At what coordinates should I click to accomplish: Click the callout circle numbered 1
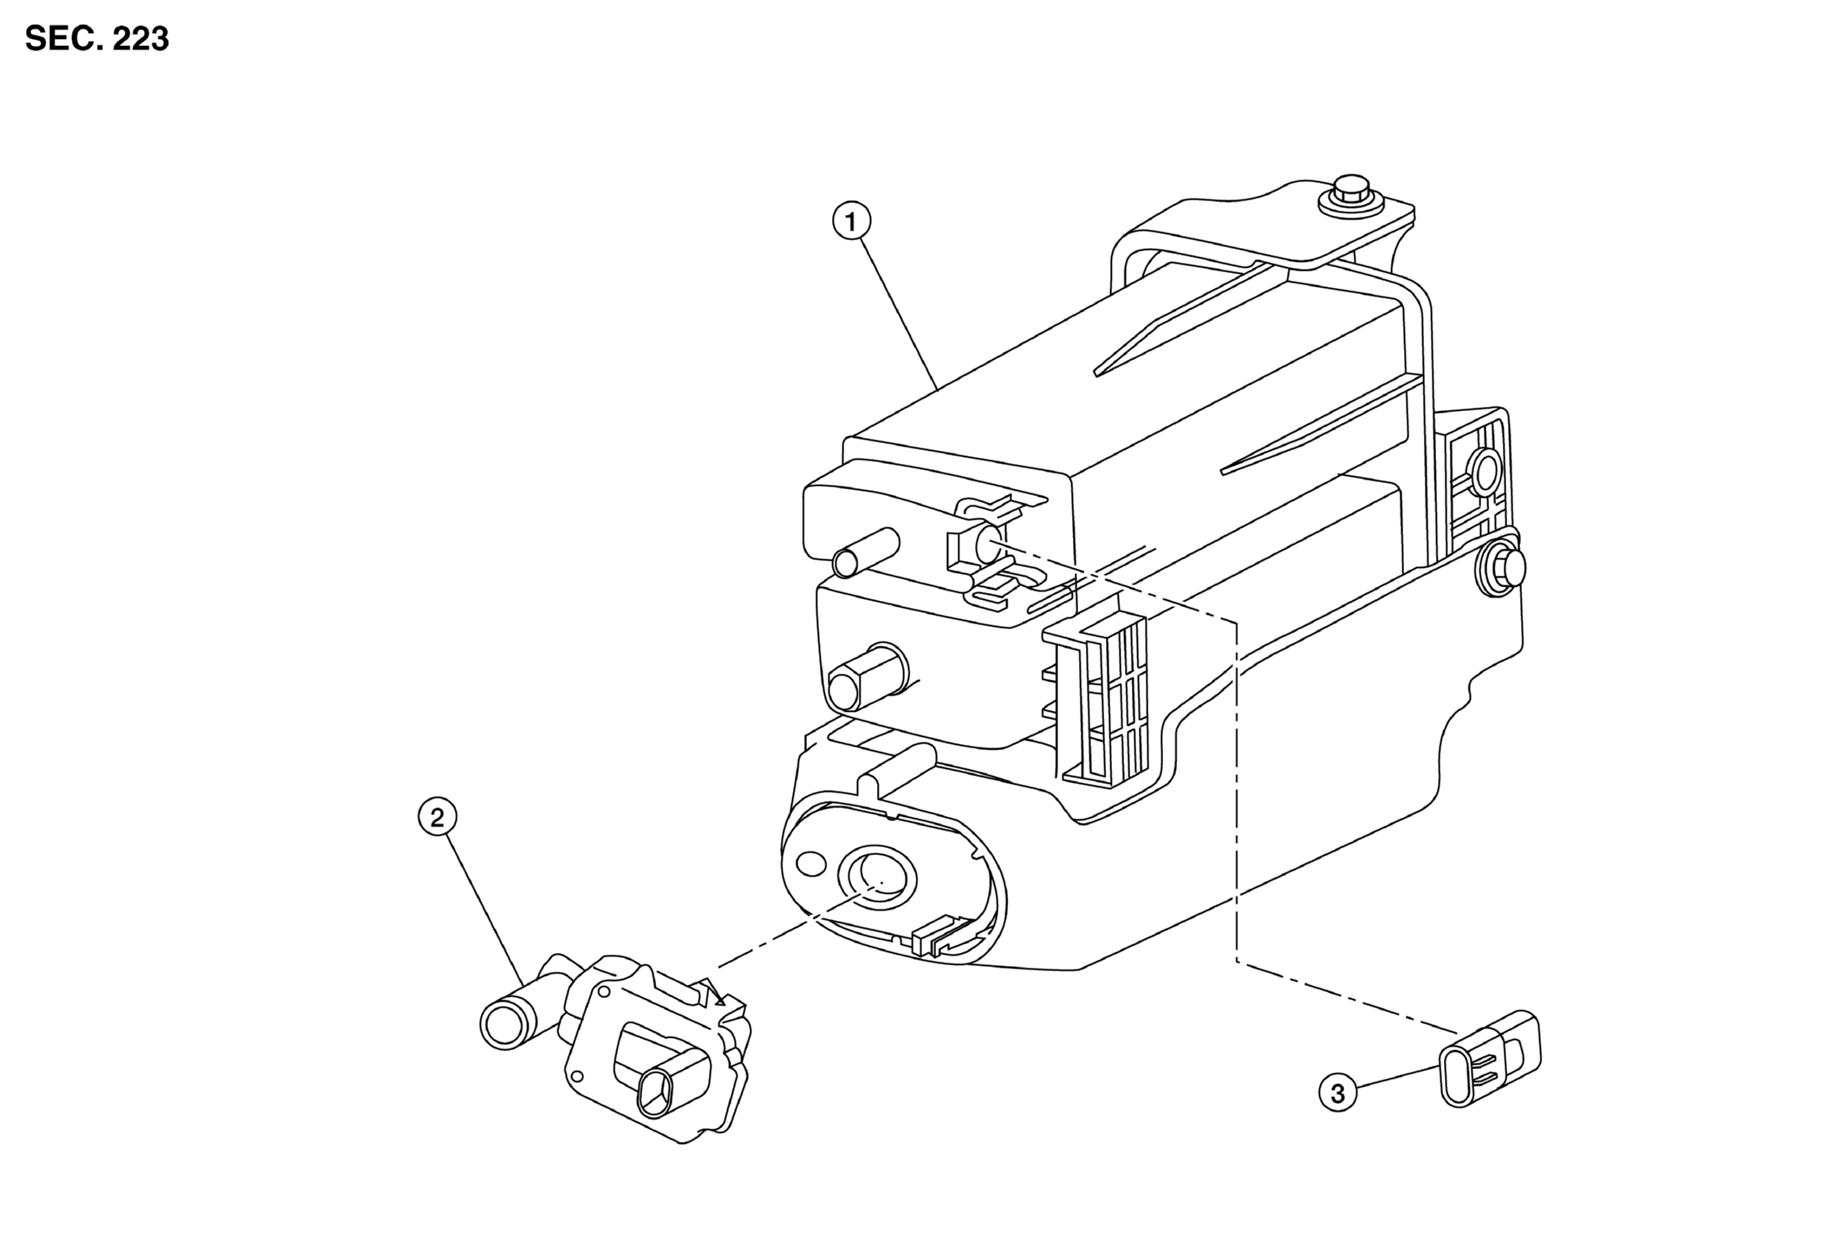(850, 222)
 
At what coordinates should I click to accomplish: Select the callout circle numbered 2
(437, 817)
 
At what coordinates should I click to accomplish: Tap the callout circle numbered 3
(1337, 1093)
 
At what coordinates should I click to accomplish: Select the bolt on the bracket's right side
(1500, 569)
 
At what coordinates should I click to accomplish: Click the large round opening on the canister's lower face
(876, 879)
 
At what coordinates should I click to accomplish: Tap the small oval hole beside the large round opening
(810, 864)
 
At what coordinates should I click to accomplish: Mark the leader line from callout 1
(898, 314)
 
